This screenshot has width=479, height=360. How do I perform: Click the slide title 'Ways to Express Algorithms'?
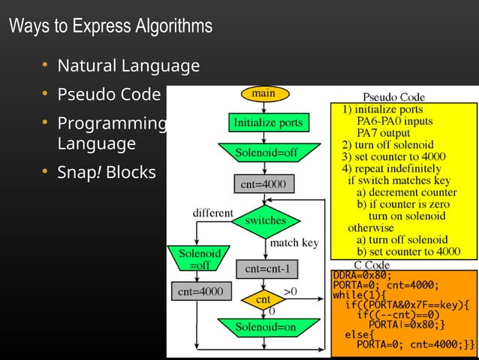(110, 26)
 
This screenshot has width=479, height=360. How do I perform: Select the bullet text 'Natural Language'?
(128, 66)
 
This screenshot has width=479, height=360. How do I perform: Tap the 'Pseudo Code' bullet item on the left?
(109, 95)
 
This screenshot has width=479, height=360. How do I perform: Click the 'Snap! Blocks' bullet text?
(107, 172)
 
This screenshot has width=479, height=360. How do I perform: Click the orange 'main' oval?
(263, 94)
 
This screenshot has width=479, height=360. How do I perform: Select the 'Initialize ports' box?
(268, 122)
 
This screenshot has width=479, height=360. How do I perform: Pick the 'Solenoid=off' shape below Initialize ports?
(267, 153)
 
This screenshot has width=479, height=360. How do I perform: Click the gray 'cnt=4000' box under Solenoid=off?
(260, 183)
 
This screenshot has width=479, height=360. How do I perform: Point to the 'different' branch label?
(213, 213)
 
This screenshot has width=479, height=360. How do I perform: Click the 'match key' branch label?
(294, 243)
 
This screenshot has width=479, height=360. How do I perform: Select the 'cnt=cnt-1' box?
(267, 268)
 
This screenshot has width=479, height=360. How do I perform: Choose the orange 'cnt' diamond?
(264, 299)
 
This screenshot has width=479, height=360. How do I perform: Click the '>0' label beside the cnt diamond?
(289, 290)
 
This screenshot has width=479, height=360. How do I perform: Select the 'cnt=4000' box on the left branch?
(197, 291)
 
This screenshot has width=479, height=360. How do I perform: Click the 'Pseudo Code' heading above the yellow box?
(393, 97)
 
